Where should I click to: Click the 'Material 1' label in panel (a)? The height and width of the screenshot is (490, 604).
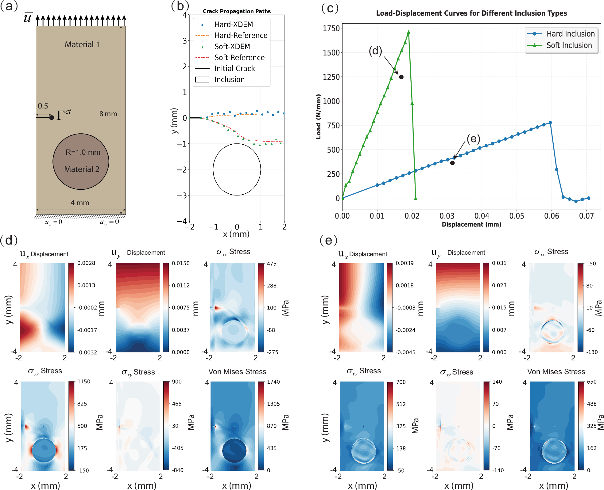(x=82, y=44)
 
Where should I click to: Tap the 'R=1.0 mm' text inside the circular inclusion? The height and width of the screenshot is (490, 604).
(x=83, y=152)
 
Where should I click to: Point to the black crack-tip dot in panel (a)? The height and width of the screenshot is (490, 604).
(x=52, y=118)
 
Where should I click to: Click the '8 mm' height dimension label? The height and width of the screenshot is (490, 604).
(x=108, y=114)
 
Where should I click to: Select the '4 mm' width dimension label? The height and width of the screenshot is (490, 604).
(x=80, y=203)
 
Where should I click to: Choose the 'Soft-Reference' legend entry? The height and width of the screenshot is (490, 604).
(x=230, y=57)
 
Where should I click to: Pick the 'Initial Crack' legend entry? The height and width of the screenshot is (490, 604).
(x=225, y=68)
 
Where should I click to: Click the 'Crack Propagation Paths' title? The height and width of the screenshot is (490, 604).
(x=237, y=11)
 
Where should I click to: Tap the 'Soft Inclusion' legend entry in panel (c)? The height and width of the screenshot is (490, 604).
(x=562, y=45)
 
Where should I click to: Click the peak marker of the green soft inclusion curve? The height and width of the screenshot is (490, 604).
(x=408, y=32)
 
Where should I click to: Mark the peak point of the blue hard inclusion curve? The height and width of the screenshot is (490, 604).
(x=550, y=123)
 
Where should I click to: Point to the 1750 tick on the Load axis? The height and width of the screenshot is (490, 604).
(x=331, y=28)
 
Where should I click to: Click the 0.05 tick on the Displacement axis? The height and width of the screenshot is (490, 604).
(x=517, y=216)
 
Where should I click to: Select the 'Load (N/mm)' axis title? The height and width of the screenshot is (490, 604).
(x=319, y=117)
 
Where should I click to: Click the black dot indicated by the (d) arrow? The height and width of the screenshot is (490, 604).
(x=401, y=77)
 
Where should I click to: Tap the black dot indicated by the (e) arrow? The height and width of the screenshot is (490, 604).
(x=452, y=163)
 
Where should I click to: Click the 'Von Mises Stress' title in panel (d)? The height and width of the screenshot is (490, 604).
(x=237, y=372)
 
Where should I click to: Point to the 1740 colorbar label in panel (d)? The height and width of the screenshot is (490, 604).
(x=273, y=382)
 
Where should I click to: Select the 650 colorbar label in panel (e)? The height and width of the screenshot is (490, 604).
(x=592, y=382)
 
